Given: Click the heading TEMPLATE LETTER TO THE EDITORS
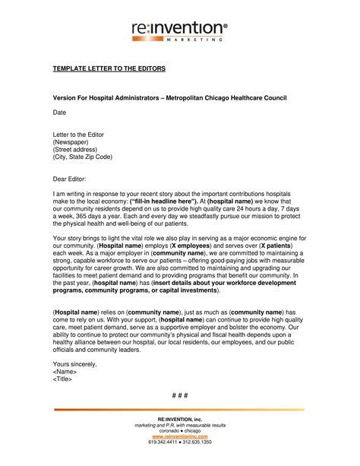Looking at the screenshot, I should [109, 68].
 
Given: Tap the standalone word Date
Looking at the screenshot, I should [59, 113].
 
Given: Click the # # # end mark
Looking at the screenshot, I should [179, 397].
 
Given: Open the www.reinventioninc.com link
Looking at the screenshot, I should [179, 437].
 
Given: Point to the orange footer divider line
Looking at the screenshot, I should [179, 411].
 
